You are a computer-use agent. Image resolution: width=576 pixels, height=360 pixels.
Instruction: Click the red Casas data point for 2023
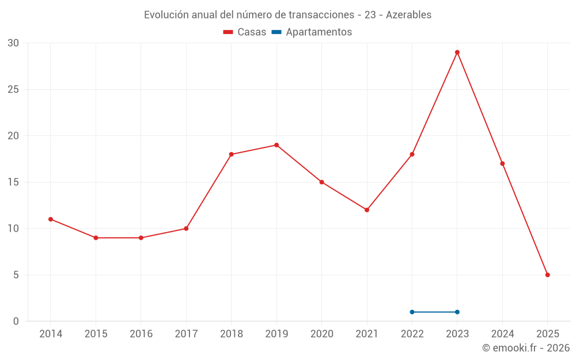pyautogui.click(x=457, y=52)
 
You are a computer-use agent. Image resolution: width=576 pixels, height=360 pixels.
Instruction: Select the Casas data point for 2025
pyautogui.click(x=548, y=275)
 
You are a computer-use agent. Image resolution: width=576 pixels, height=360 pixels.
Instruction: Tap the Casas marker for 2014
pyautogui.click(x=51, y=219)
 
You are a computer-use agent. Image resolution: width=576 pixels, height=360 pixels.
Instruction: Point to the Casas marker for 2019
pyautogui.click(x=276, y=145)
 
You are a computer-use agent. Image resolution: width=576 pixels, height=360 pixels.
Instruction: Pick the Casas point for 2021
pyautogui.click(x=367, y=210)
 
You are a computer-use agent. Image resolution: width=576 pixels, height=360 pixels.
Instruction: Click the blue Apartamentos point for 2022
pyautogui.click(x=412, y=312)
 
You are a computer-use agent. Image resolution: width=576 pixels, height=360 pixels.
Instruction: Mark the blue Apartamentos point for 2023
pyautogui.click(x=457, y=312)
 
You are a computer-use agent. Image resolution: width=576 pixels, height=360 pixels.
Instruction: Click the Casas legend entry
pyautogui.click(x=245, y=32)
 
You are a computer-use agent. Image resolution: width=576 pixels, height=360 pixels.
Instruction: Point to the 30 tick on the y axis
pyautogui.click(x=13, y=43)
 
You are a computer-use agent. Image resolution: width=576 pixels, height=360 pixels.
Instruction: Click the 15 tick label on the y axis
pyautogui.click(x=13, y=182)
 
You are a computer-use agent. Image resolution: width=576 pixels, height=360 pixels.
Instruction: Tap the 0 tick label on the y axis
pyautogui.click(x=16, y=321)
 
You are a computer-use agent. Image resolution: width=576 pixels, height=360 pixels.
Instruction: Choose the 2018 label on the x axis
pyautogui.click(x=231, y=334)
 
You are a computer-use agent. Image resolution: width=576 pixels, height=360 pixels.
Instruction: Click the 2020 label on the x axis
pyautogui.click(x=321, y=334)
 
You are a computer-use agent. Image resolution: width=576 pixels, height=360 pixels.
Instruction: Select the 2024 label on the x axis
pyautogui.click(x=502, y=334)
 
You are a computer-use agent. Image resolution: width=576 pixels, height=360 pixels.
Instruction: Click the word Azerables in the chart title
pyautogui.click(x=408, y=15)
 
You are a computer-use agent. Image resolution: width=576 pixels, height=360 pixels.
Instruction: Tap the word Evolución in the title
pyautogui.click(x=165, y=15)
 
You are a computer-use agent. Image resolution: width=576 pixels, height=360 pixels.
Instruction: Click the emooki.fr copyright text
pyautogui.click(x=526, y=348)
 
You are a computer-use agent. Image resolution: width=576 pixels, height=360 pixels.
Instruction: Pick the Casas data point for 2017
pyautogui.click(x=186, y=229)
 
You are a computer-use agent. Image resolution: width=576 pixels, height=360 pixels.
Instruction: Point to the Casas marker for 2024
pyautogui.click(x=502, y=164)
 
